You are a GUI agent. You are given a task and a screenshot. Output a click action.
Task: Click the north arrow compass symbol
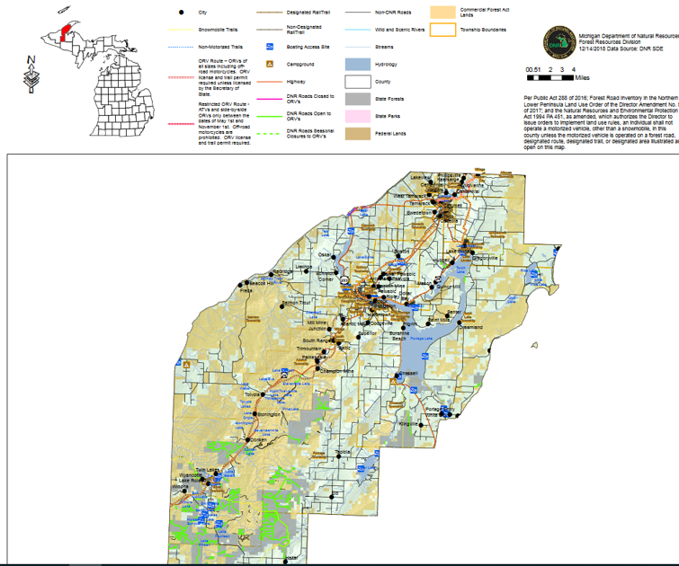[x=32, y=72]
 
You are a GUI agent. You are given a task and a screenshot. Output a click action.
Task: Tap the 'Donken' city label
[x=258, y=439]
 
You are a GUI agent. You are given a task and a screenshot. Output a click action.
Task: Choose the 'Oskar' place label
[x=325, y=254]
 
